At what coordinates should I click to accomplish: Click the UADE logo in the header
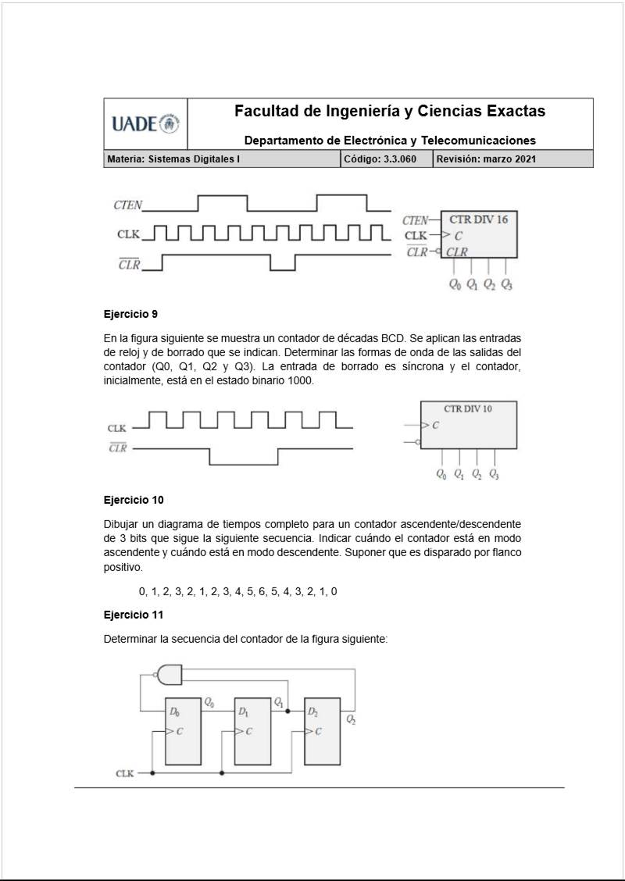tap(145, 123)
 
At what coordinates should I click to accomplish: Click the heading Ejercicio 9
tap(130, 315)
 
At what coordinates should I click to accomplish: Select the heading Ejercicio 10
tap(134, 499)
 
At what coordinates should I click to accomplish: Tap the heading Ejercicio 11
tap(134, 614)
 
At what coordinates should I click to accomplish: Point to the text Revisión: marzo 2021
tap(486, 159)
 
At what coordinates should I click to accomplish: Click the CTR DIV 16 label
tap(478, 219)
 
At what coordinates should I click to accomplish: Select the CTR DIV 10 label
tap(468, 408)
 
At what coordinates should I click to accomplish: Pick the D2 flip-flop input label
tap(312, 712)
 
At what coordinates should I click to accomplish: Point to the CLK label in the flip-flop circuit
tap(125, 773)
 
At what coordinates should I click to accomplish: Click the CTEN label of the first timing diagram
tap(128, 205)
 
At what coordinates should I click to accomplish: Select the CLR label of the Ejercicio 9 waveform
tap(117, 448)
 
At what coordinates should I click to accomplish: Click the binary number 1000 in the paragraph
tap(299, 380)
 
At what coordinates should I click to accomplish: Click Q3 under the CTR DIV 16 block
tap(506, 284)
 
